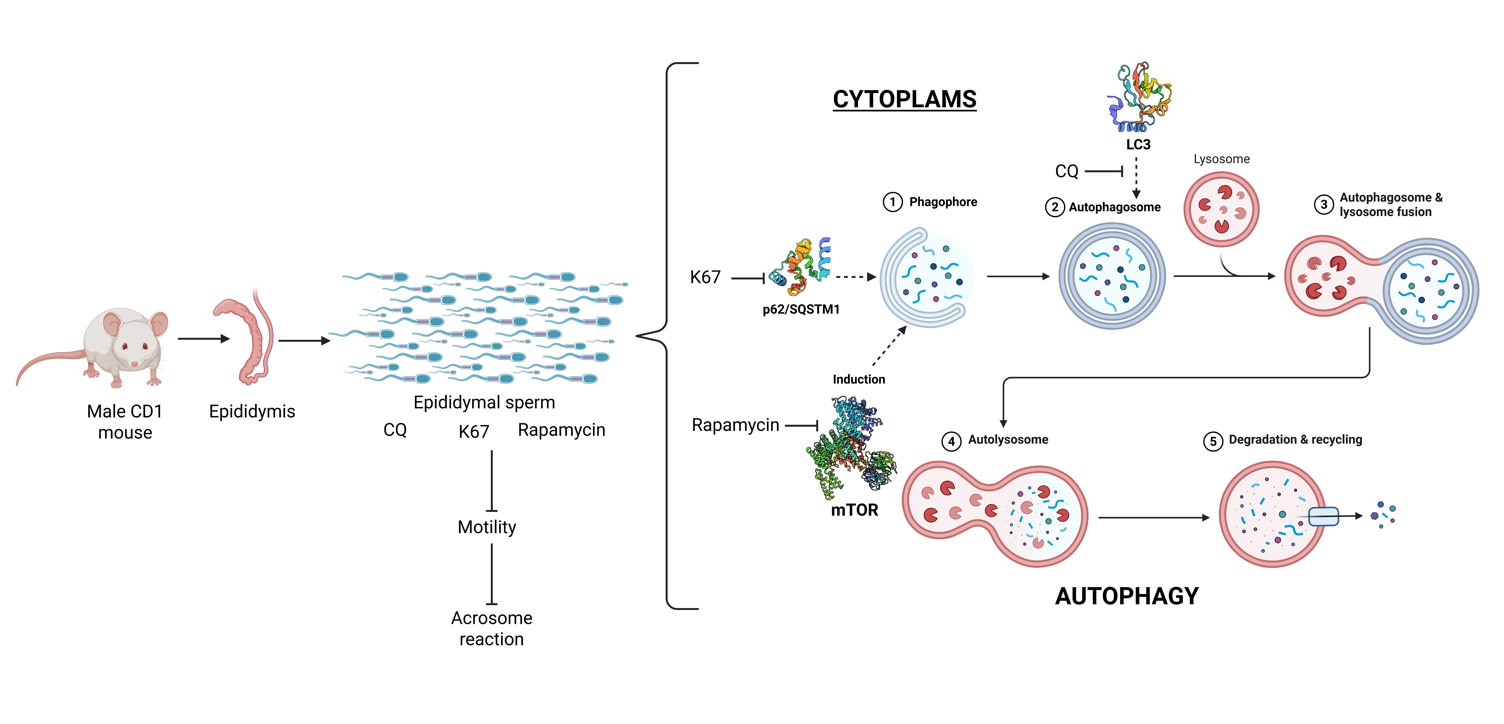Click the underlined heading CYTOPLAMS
coord(904,99)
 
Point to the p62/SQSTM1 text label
coord(801,309)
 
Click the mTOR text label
coord(854,510)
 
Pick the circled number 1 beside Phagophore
coord(892,202)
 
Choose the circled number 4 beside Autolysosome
coord(951,441)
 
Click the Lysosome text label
coord(1221,159)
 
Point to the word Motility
coord(487,527)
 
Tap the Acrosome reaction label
coord(492,628)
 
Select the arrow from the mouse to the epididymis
coord(203,339)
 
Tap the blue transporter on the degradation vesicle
coord(1323,516)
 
